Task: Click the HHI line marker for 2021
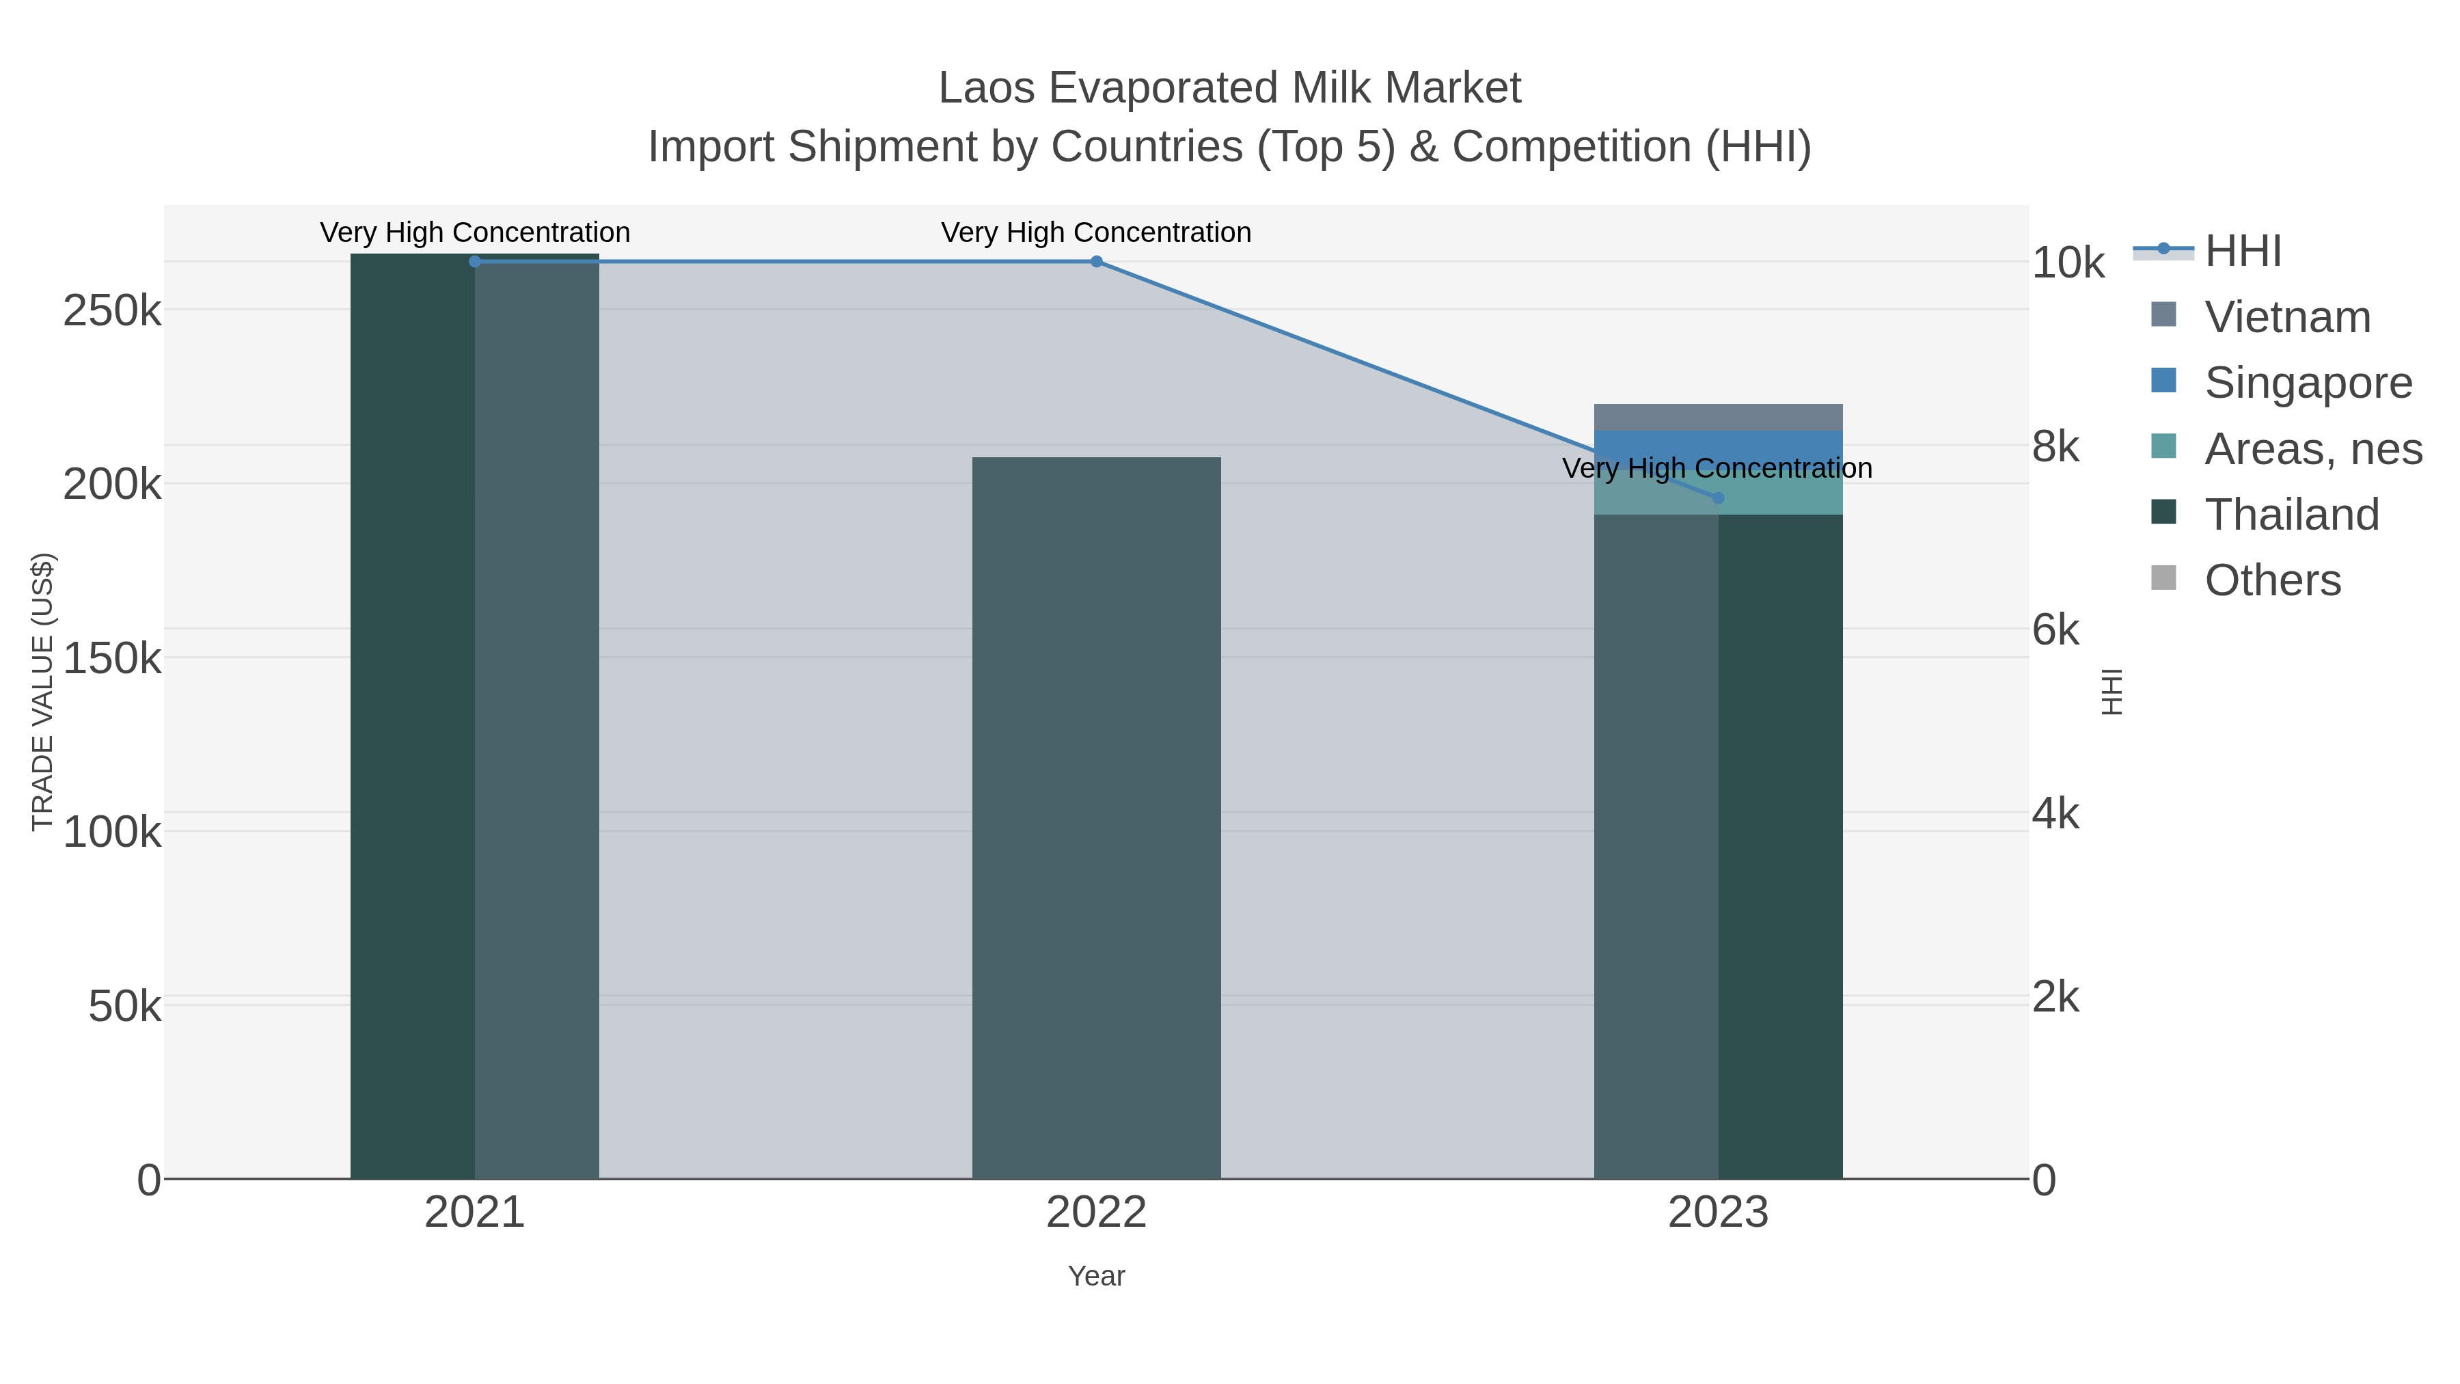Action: coord(475,261)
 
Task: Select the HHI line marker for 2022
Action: coord(1096,261)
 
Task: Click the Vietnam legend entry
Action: coord(2286,317)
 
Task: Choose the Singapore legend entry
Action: coord(2307,383)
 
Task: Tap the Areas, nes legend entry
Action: coord(2312,449)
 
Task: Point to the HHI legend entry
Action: coord(2242,252)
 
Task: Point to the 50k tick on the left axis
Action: coord(124,1006)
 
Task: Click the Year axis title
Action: coord(1096,1276)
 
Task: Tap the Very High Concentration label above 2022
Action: coord(1096,232)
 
